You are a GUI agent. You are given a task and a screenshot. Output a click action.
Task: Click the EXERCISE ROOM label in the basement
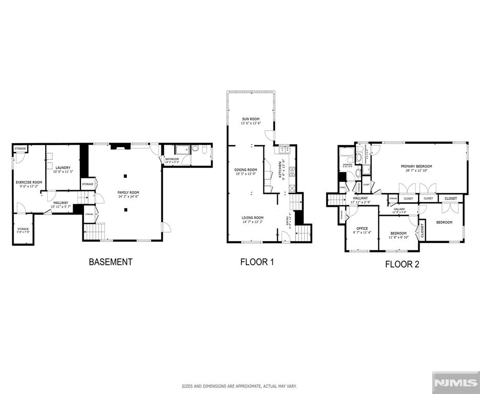click(29, 182)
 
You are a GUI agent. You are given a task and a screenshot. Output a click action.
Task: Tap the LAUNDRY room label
click(63, 168)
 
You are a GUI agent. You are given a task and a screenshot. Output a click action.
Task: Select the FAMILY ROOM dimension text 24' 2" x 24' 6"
click(128, 196)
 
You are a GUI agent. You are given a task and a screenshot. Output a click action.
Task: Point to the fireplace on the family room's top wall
click(118, 146)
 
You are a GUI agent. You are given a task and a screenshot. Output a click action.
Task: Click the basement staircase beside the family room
click(94, 232)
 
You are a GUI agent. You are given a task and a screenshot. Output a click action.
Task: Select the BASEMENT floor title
click(111, 262)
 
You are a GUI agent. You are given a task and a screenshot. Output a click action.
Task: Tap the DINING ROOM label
click(246, 170)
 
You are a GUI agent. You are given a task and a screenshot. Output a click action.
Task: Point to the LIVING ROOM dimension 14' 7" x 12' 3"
click(253, 222)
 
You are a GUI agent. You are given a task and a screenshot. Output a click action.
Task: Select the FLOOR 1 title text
click(257, 262)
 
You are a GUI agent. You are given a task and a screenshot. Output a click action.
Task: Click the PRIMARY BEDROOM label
click(416, 166)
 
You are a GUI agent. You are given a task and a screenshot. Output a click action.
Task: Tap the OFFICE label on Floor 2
click(362, 228)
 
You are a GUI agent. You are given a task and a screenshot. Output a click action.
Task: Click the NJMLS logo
click(455, 382)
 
